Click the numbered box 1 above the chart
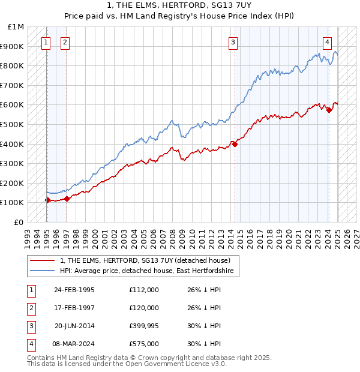tap(46, 42)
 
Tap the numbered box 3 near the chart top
tap(233, 42)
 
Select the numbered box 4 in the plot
tap(328, 42)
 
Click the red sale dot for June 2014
tap(235, 144)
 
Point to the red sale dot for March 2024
tap(329, 110)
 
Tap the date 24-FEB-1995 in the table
tap(74, 289)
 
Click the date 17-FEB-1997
tap(74, 307)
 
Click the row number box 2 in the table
tap(30, 307)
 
